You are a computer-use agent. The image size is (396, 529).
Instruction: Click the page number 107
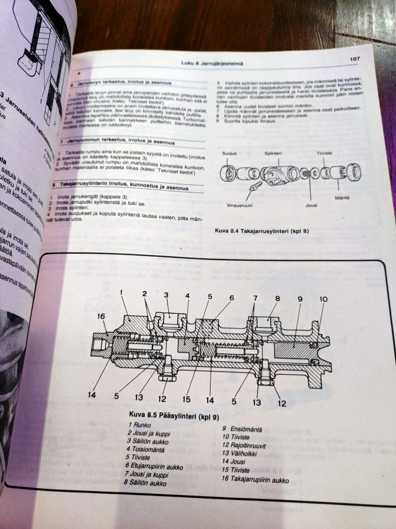[x=354, y=59]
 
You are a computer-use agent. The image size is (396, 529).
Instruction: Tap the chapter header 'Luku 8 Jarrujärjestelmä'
[x=212, y=63]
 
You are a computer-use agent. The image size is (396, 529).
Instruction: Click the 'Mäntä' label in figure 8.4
[x=342, y=198]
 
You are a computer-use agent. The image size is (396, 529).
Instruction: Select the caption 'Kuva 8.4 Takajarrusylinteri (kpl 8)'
[x=262, y=231]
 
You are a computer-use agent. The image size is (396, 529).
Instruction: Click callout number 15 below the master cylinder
[x=186, y=399]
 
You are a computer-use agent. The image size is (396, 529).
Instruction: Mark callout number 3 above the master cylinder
[x=166, y=295]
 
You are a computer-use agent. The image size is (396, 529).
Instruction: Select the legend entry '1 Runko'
[x=139, y=424]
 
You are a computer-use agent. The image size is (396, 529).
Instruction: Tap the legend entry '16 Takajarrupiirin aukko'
[x=255, y=480]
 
